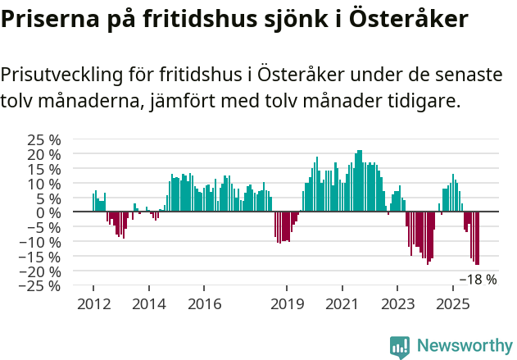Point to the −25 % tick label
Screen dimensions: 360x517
tap(41, 286)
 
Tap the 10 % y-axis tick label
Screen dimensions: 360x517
tap(45, 184)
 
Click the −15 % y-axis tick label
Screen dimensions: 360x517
tap(41, 257)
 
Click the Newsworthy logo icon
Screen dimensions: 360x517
tap(400, 346)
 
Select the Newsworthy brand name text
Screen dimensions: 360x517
tap(464, 346)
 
